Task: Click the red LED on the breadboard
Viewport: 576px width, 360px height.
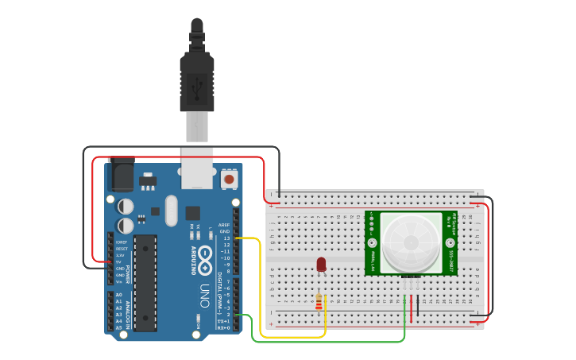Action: tap(321, 264)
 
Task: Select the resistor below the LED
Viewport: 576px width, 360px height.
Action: tap(319, 302)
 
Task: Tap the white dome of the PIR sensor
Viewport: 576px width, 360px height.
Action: tap(411, 242)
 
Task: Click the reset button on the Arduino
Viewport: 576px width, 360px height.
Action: tap(229, 179)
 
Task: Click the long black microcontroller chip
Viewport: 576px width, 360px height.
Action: tap(145, 282)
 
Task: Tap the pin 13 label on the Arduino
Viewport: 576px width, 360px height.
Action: tap(226, 238)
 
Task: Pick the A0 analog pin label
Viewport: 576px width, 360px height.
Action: tap(118, 295)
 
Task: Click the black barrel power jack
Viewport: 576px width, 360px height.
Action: tap(122, 175)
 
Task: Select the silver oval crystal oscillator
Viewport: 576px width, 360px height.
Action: tap(172, 210)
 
